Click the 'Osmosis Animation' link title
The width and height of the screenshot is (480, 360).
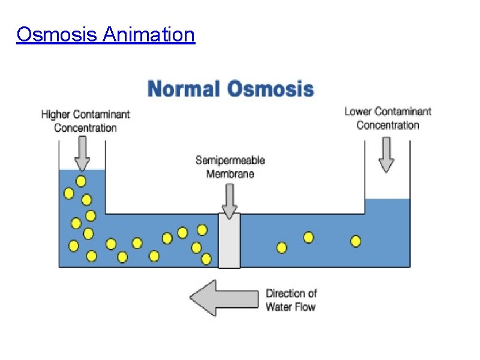[106, 35]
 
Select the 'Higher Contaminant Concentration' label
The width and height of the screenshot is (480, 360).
[85, 120]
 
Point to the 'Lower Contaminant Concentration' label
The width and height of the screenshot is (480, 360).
[388, 118]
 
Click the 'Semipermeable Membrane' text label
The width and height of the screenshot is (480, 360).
[230, 167]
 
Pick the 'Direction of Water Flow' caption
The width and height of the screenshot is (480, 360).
[291, 300]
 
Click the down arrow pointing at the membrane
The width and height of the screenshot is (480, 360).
[229, 200]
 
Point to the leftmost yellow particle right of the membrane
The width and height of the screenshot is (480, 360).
[281, 247]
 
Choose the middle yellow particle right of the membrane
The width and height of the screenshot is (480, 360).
[308, 237]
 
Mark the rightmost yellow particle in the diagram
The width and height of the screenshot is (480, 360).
[356, 241]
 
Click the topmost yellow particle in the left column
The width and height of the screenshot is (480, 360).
[80, 181]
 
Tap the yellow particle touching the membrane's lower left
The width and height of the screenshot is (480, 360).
[206, 259]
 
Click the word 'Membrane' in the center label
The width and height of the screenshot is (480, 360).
[230, 174]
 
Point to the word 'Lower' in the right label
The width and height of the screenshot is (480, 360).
[358, 111]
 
